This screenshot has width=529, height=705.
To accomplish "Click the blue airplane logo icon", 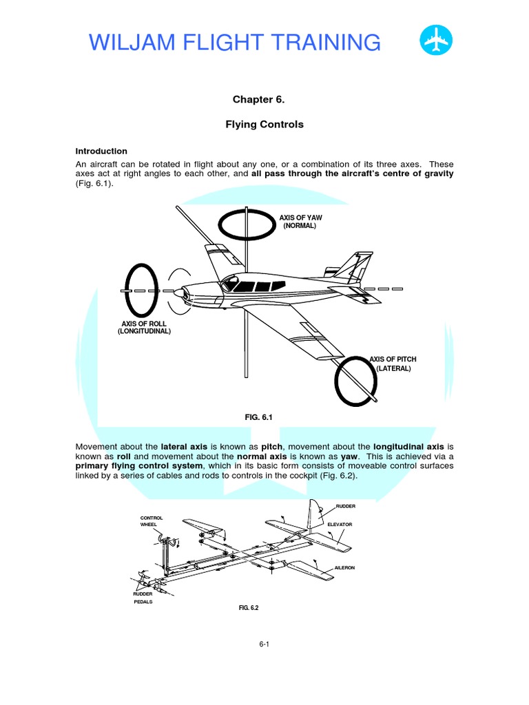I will coord(436,42).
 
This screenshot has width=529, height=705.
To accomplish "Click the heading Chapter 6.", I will coord(258,100).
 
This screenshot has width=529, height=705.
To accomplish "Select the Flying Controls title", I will coord(258,125).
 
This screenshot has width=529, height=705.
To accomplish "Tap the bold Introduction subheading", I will coord(101,151).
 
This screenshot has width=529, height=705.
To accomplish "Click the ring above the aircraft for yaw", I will coord(246,224).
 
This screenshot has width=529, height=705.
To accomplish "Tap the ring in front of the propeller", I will coord(141,291).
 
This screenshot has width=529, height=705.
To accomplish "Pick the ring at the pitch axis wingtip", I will coord(356,381).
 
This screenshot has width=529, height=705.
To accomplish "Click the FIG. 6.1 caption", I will coord(259,417).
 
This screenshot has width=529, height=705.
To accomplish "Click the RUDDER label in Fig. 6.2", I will coord(346,507).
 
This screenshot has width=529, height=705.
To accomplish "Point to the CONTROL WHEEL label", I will coord(149,521).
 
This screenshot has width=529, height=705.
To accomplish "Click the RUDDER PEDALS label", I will coord(143,597).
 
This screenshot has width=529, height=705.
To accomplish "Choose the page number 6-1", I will coord(264,644).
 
